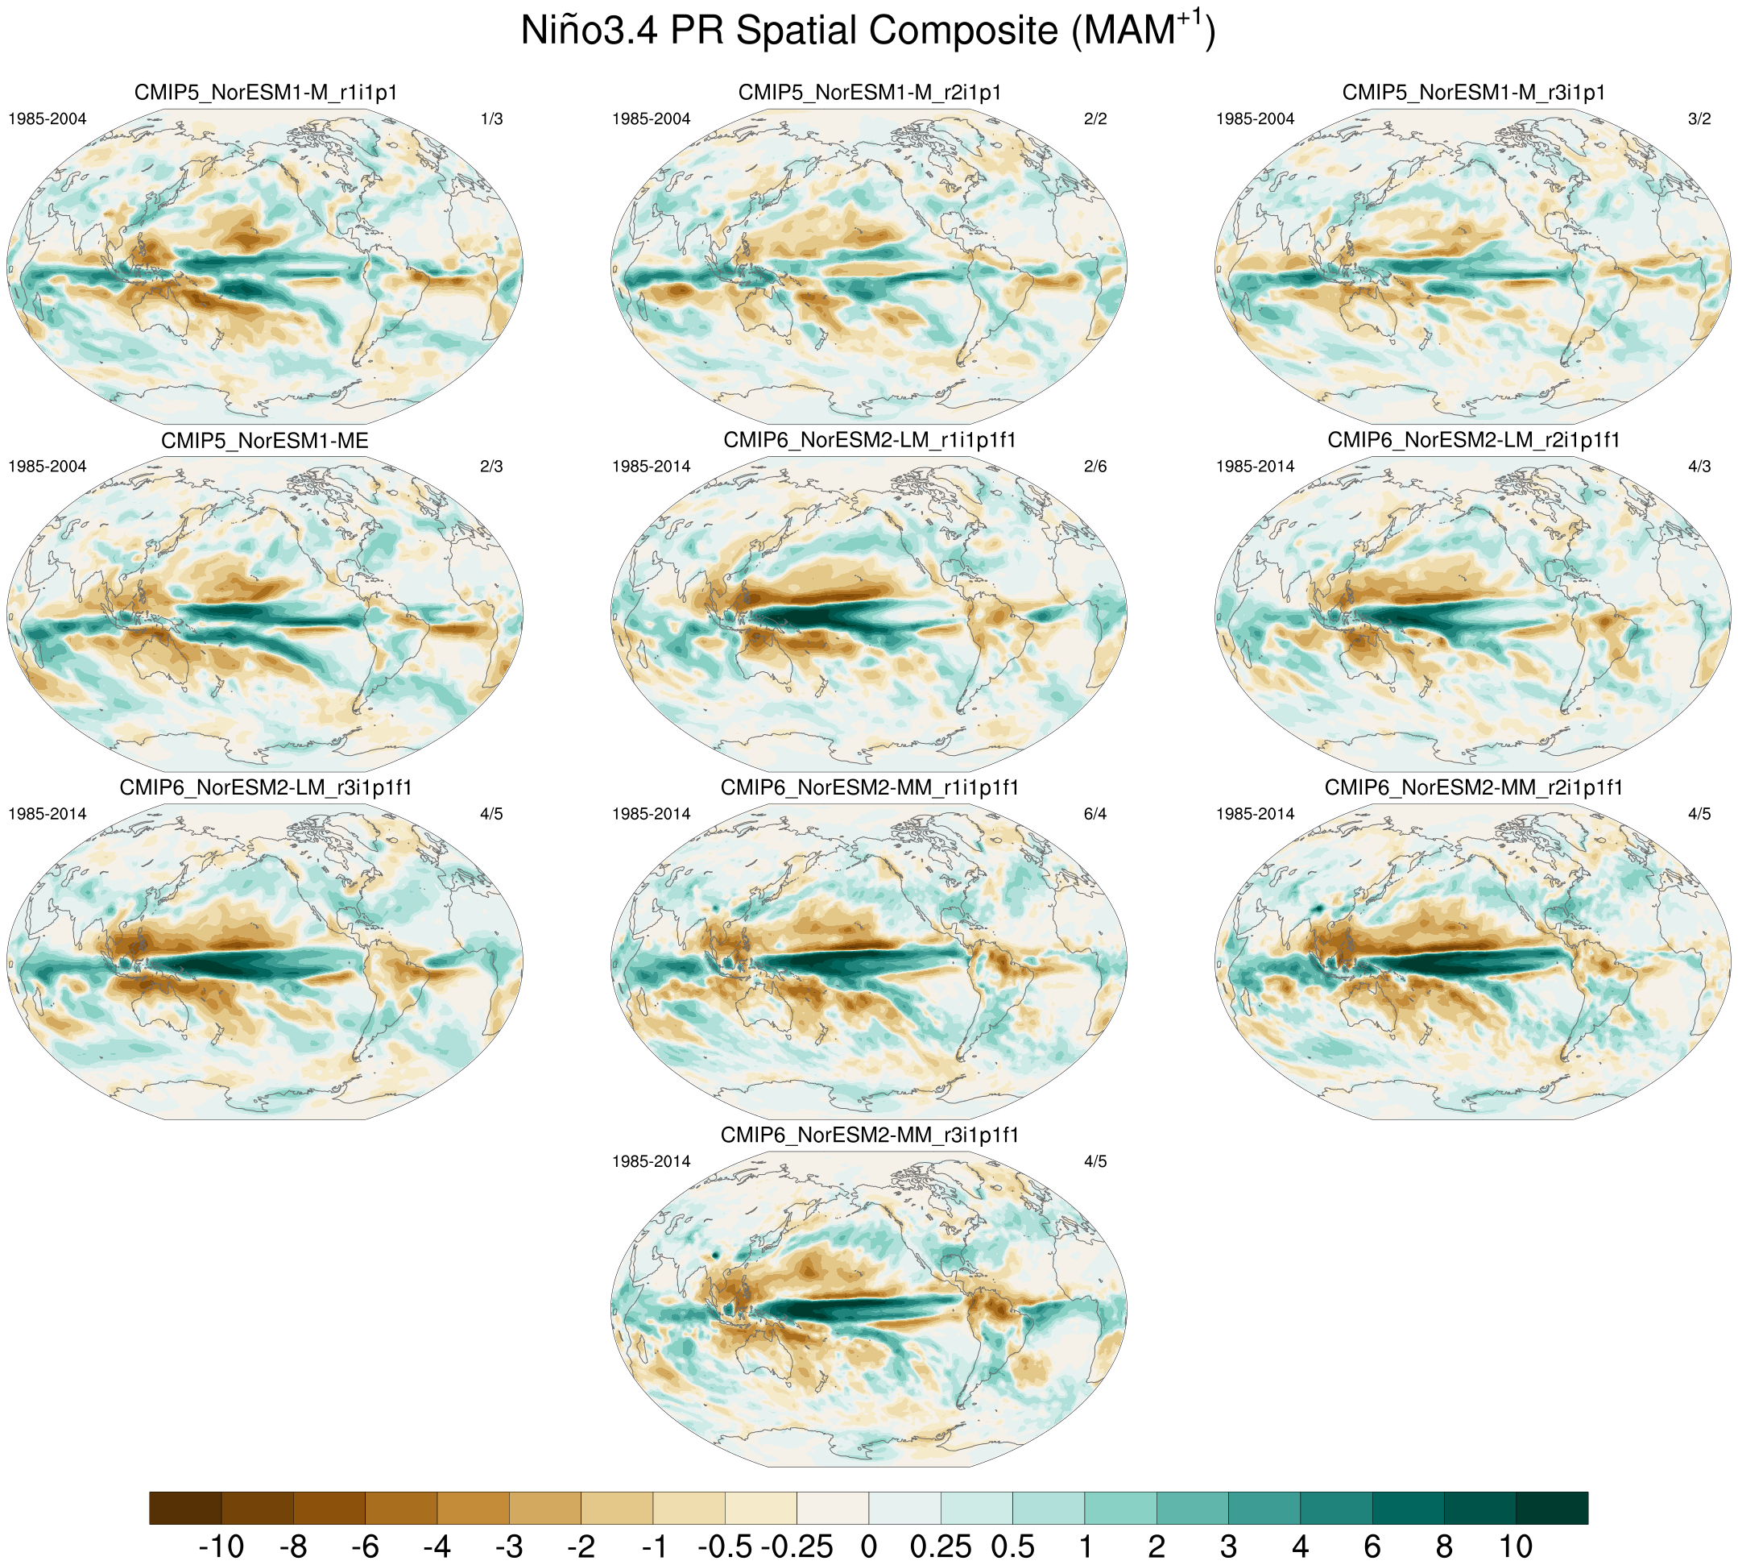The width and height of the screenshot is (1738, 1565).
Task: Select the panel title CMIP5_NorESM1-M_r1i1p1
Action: pos(266,93)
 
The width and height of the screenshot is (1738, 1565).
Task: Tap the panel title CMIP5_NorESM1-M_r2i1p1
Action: pos(870,93)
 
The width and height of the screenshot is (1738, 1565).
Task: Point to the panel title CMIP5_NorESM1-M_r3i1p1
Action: pos(1474,93)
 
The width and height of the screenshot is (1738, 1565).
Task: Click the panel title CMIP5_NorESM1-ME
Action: pos(265,441)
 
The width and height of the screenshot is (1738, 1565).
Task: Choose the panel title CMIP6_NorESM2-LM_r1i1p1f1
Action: pos(870,440)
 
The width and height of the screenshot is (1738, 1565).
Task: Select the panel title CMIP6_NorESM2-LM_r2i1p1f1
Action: pos(1474,440)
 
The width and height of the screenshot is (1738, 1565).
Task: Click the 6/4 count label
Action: pos(1095,813)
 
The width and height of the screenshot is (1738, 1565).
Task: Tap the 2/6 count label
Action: pos(1095,466)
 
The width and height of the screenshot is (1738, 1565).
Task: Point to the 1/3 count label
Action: pos(491,118)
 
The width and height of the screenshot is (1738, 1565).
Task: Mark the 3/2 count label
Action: pos(1699,118)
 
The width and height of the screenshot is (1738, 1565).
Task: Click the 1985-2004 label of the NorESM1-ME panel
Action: pos(48,466)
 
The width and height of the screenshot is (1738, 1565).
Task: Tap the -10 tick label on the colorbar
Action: pos(221,1546)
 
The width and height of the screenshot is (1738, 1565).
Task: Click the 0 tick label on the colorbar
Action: pos(869,1546)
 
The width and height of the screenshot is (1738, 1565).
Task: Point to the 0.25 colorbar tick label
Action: pos(941,1546)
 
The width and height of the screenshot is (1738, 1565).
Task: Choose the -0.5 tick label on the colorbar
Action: pos(726,1546)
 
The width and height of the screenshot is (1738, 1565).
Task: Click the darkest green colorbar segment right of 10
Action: pos(1552,1509)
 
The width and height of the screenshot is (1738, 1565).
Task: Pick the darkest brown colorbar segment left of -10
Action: pos(186,1509)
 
